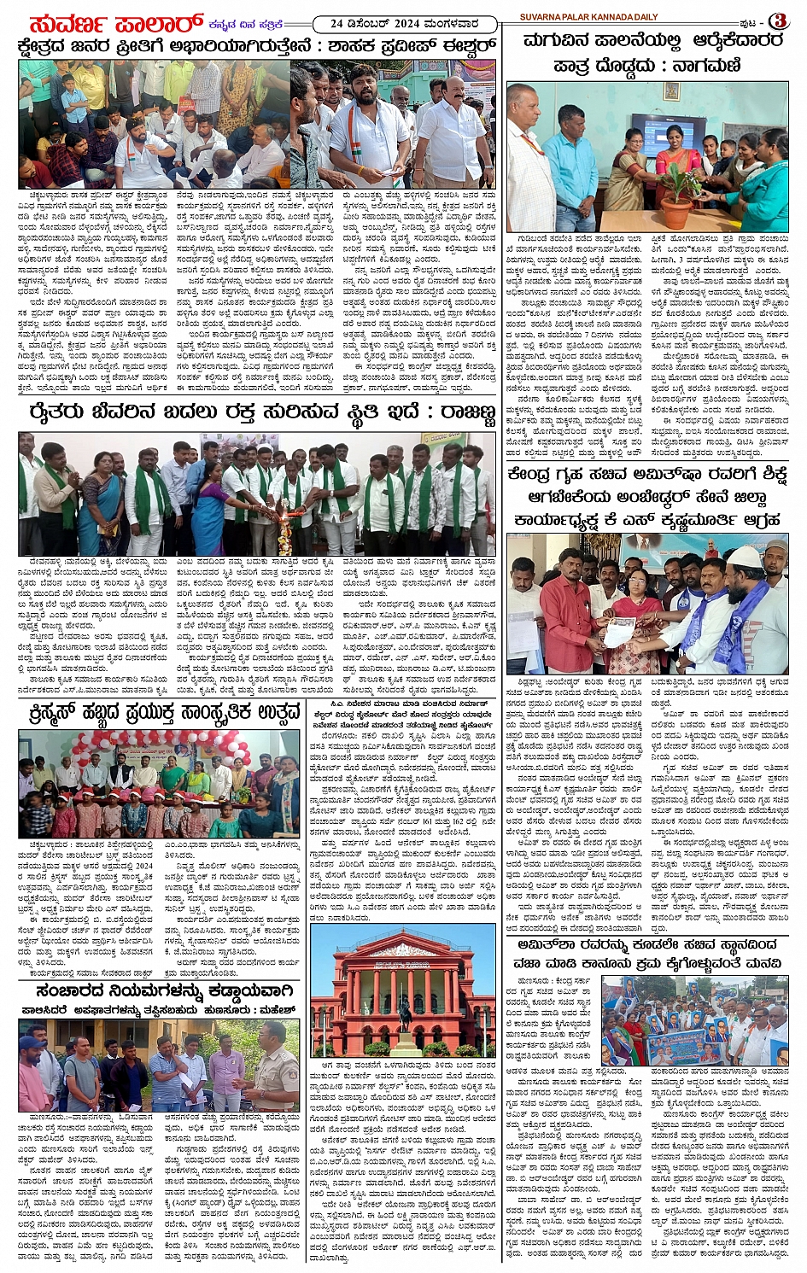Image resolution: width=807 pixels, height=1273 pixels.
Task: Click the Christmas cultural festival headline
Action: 160,710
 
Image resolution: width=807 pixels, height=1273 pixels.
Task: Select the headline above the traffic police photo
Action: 166,991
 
